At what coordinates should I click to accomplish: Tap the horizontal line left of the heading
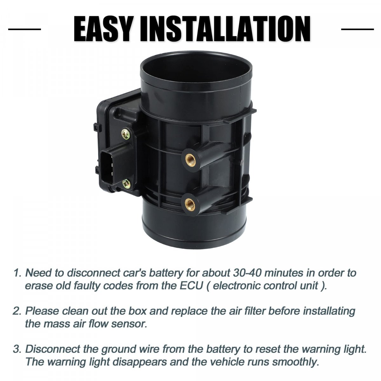pyautogui.click(x=24, y=29)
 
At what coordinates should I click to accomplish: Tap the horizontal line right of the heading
pyautogui.click(x=358, y=29)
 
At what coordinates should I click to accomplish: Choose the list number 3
pyautogui.click(x=17, y=349)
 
